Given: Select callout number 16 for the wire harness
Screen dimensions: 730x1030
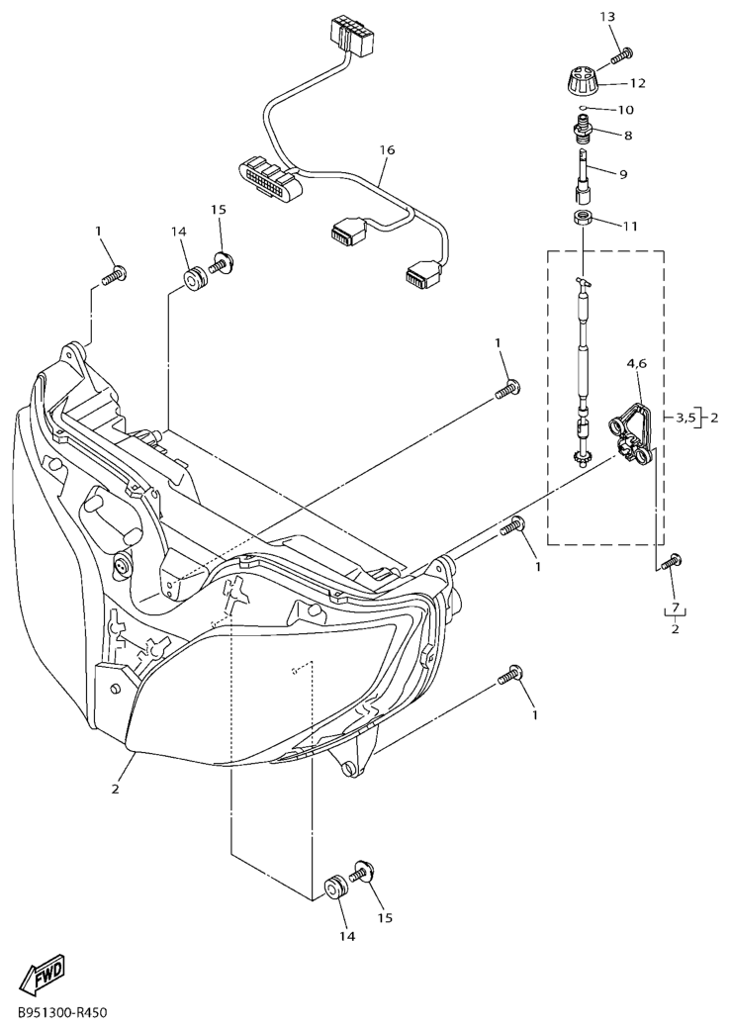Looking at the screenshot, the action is click(387, 150).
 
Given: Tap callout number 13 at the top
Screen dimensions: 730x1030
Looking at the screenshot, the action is click(608, 17).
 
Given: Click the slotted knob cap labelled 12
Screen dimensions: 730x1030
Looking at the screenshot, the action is click(584, 81).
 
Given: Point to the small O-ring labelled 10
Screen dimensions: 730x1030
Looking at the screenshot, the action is click(585, 108).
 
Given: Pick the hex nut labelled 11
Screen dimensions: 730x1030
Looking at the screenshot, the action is click(585, 219).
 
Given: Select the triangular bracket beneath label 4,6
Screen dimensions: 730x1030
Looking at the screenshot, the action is click(631, 436).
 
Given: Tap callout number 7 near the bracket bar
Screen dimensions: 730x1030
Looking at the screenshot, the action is click(675, 605).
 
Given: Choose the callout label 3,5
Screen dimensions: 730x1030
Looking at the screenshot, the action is click(684, 417).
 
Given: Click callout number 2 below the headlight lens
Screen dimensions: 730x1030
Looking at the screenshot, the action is click(116, 789).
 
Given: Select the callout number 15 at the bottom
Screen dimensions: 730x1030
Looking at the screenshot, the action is click(386, 916).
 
